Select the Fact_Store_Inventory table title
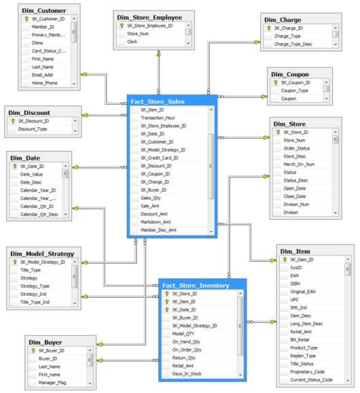(196, 285)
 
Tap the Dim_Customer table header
(38, 10)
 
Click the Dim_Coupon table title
(290, 74)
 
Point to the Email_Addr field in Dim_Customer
(45, 75)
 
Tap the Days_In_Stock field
(188, 374)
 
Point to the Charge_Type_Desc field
(295, 44)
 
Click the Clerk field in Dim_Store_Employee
(132, 41)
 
